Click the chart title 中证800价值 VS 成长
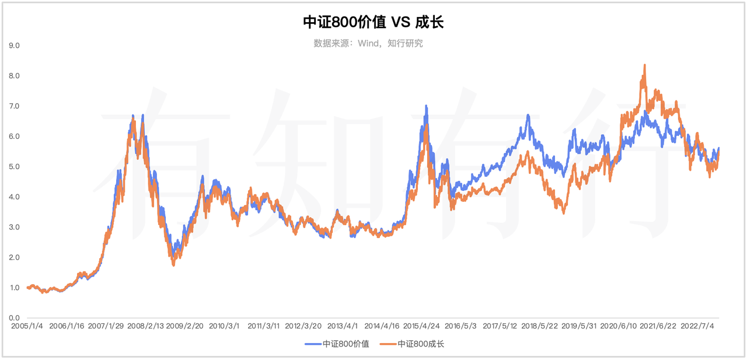tap(373, 22)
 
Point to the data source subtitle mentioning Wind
tap(368, 43)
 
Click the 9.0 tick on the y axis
tap(14, 46)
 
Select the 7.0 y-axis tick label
tap(14, 106)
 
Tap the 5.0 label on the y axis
tap(14, 167)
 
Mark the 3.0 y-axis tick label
tap(14, 228)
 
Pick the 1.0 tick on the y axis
tap(14, 288)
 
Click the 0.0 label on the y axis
tap(14, 318)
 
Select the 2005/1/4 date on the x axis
tap(26, 326)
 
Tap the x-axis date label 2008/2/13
tap(146, 326)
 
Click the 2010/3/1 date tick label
tap(224, 326)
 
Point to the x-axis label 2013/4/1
tap(343, 326)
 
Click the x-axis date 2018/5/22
tap(541, 326)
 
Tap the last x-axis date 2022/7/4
tap(698, 326)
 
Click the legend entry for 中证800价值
tap(337, 344)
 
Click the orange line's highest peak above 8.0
tap(644, 65)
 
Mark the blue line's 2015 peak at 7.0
tap(426, 106)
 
